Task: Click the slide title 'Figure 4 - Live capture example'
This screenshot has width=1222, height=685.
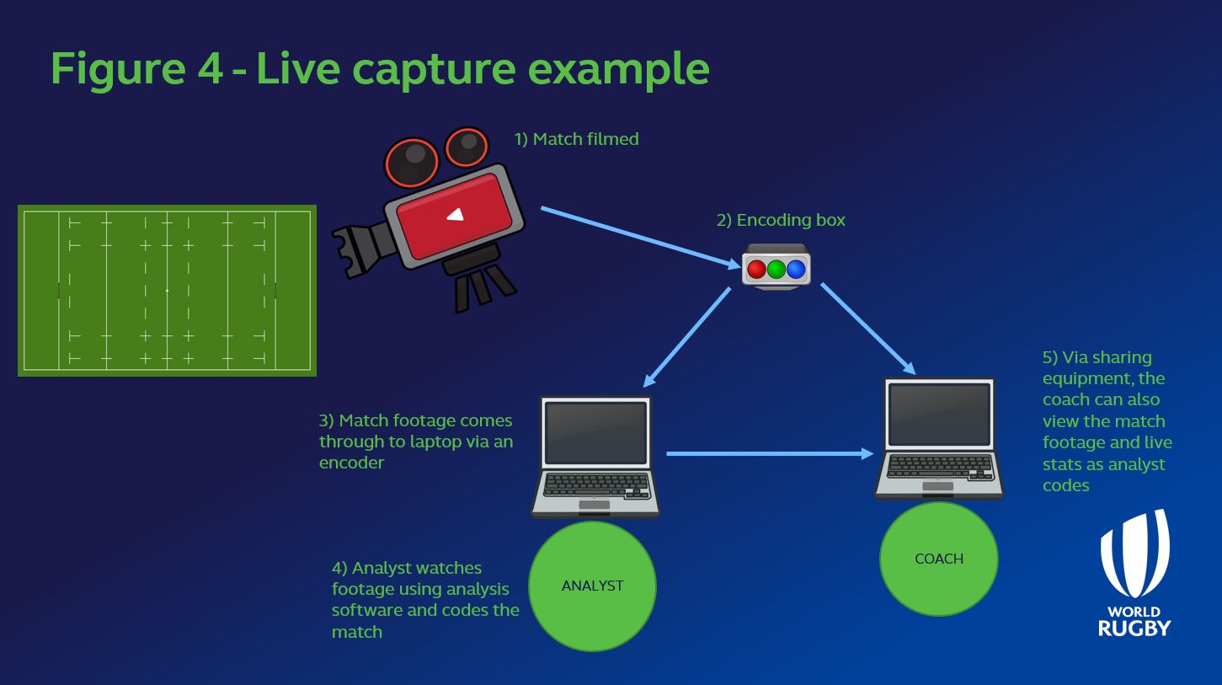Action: [x=379, y=68]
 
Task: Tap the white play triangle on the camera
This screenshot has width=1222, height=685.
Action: [x=455, y=214]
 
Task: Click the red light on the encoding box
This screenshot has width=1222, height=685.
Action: [x=756, y=270]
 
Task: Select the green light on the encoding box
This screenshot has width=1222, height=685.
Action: [x=776, y=270]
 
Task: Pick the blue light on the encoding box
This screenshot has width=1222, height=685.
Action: [x=796, y=270]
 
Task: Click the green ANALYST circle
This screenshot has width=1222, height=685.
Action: [x=592, y=586]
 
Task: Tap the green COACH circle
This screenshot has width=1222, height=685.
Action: [x=938, y=559]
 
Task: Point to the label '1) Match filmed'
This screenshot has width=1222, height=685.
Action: [x=576, y=139]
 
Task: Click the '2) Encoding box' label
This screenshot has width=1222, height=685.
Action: [x=780, y=220]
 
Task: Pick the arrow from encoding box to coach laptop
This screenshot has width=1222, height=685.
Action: [x=867, y=329]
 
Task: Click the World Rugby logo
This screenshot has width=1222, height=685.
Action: [x=1134, y=573]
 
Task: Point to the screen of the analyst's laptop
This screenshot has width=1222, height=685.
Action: [x=595, y=432]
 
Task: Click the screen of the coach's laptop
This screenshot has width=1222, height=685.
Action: [x=939, y=415]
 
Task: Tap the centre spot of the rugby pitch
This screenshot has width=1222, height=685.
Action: [x=167, y=291]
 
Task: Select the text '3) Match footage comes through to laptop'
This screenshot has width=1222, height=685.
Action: [x=415, y=431]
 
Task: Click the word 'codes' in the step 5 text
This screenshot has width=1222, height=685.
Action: [x=1065, y=486]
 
